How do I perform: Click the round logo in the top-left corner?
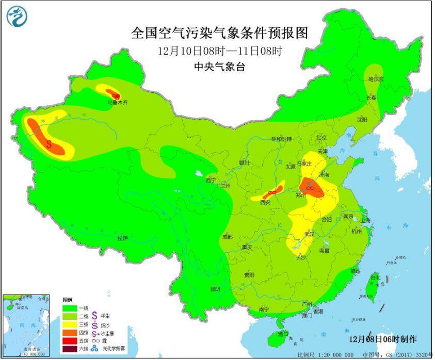[x=17, y=16]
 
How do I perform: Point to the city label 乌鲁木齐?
[x=117, y=103]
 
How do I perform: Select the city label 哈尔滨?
[x=376, y=79]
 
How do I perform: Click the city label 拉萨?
[x=122, y=238]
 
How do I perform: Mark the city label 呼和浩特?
[x=282, y=139]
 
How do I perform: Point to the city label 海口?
[x=283, y=334]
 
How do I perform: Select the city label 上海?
[x=365, y=220]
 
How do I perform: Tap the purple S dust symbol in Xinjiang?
[x=49, y=144]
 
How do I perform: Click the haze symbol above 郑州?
[x=310, y=189]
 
